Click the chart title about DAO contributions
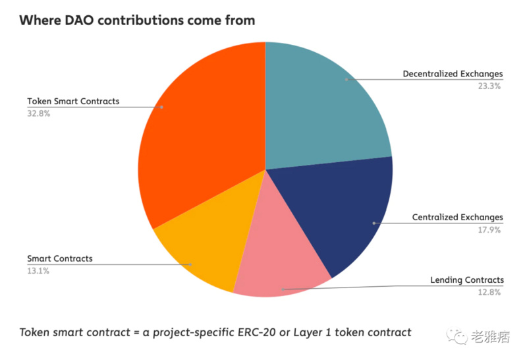(137, 20)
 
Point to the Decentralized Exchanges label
(453, 74)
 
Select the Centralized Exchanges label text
(457, 218)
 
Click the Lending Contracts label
(467, 280)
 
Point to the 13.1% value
(38, 270)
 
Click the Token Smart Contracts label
(73, 102)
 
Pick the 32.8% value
(39, 113)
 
